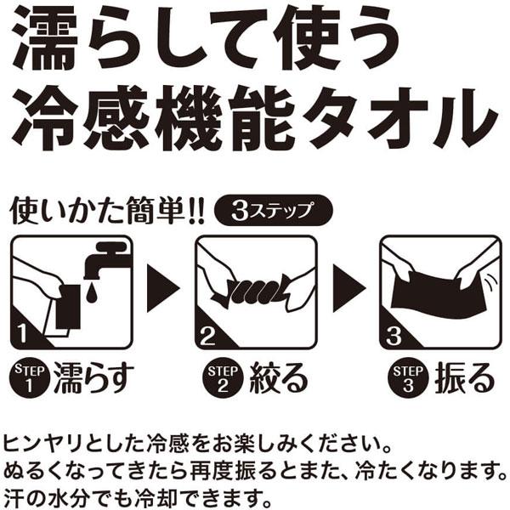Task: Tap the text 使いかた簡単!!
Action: tap(105, 210)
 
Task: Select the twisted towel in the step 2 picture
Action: tap(256, 290)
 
